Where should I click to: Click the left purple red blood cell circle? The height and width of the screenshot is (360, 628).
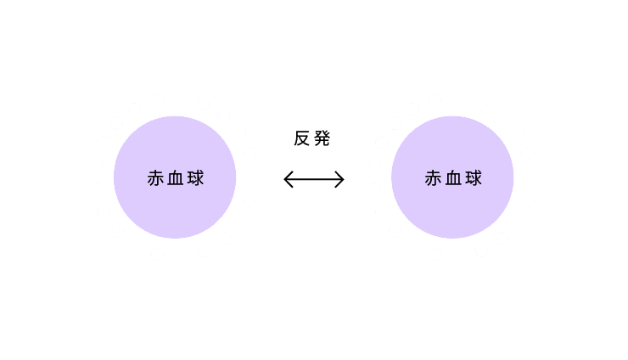175,177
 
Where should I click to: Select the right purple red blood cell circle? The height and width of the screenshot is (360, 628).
452,177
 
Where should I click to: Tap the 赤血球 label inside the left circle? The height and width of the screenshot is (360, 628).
176,178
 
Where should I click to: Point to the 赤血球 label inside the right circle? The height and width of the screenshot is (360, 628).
453,178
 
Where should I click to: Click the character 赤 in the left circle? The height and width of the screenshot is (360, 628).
155,178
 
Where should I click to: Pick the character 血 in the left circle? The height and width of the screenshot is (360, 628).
176,178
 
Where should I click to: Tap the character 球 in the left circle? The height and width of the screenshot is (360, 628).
196,178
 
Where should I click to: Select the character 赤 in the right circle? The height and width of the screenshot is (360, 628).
434,178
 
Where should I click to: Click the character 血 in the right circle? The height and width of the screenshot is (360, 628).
453,178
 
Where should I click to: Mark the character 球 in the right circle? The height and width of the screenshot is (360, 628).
474,178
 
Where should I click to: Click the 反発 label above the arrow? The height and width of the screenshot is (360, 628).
312,138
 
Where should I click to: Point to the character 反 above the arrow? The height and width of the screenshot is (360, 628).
302,138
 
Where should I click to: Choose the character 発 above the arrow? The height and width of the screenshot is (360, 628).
322,138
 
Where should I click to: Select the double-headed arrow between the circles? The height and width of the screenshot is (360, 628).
314,179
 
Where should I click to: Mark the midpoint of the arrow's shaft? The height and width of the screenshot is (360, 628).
314,179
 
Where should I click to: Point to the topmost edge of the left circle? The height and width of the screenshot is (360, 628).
175,116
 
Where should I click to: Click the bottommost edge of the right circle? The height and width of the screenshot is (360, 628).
452,238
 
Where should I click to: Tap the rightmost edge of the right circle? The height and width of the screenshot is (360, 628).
513,177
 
